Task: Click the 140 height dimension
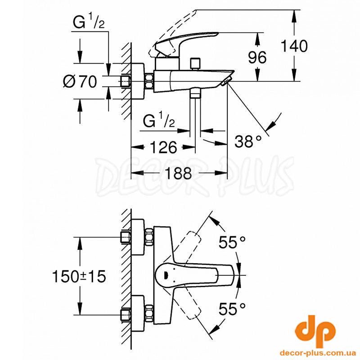[x=294, y=46]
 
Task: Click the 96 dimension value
[x=257, y=57]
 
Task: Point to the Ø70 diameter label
[x=80, y=81]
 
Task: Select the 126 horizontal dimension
[x=163, y=147]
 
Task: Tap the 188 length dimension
[x=178, y=173]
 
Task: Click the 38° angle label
[x=248, y=141]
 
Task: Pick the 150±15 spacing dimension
[x=80, y=276]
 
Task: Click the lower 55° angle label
[x=232, y=309]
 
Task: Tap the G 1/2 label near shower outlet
[x=159, y=121]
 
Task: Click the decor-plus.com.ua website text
[x=318, y=353]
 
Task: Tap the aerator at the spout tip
[x=226, y=82]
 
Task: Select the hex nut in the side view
[x=149, y=81]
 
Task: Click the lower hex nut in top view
[x=149, y=313]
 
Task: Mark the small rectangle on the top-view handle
[x=166, y=274]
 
